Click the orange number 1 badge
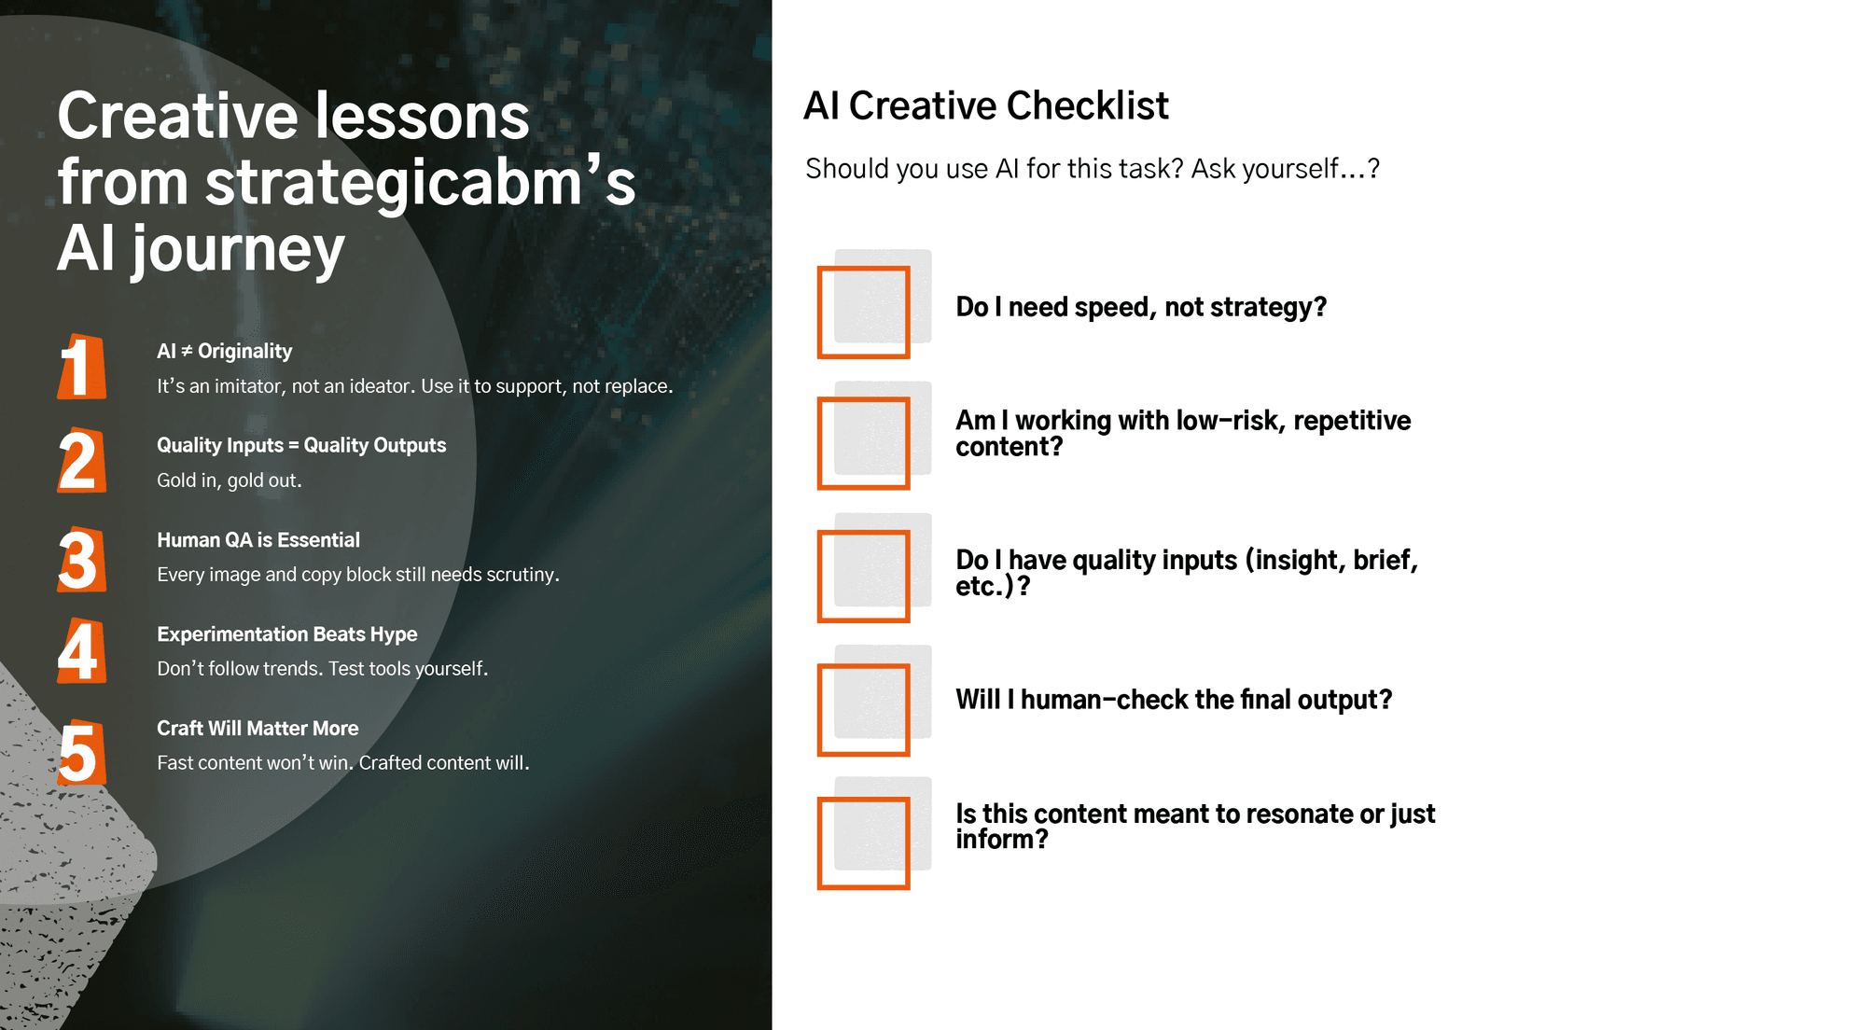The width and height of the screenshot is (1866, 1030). click(x=81, y=367)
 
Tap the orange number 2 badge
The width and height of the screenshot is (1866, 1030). click(x=81, y=461)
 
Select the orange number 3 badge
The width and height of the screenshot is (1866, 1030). click(x=81, y=560)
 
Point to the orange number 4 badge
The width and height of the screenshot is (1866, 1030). click(x=81, y=651)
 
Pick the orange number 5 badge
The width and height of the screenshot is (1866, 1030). click(x=81, y=752)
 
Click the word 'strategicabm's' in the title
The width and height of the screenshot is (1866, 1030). click(x=420, y=182)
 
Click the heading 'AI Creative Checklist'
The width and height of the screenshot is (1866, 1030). click(x=986, y=105)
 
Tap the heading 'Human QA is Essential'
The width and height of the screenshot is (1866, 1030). click(x=258, y=540)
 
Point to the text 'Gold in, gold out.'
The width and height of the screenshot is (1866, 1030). click(x=230, y=480)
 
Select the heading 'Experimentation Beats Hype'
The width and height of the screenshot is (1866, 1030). click(x=287, y=634)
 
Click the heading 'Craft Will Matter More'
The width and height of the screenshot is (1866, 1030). click(x=258, y=729)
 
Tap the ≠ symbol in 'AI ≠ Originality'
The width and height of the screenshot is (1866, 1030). click(x=187, y=351)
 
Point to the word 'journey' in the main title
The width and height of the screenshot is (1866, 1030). click(x=238, y=250)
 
